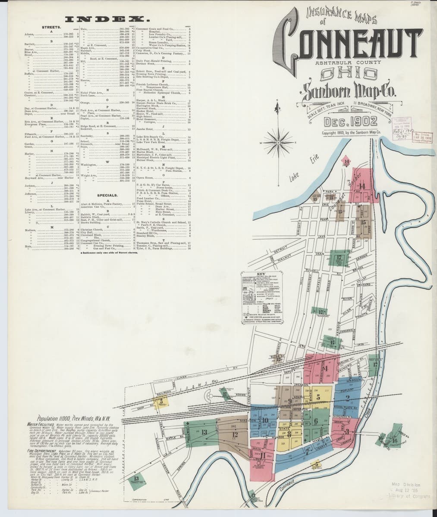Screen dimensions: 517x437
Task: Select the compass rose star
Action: point(278,140)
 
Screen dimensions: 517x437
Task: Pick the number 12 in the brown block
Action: point(234,434)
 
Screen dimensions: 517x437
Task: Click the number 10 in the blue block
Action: point(265,420)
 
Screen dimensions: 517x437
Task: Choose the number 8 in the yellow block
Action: point(289,434)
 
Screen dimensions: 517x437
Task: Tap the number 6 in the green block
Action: point(316,421)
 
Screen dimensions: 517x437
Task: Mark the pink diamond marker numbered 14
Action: point(346,162)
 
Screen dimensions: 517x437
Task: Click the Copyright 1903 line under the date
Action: point(351,133)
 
